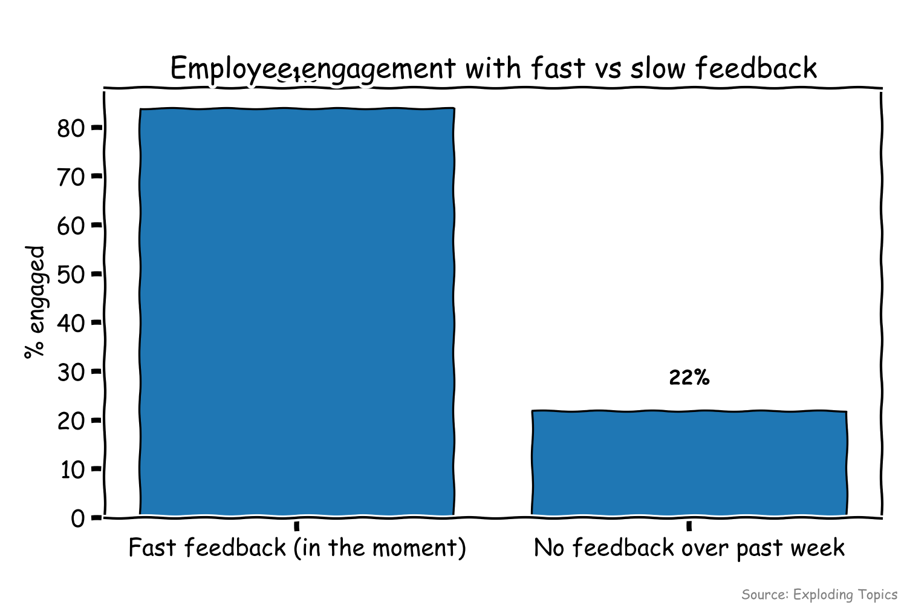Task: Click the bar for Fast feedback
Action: pos(297,312)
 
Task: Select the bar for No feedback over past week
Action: pos(689,463)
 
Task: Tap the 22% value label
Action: pos(689,378)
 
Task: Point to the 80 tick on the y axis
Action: pos(71,128)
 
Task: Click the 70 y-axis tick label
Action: pos(71,177)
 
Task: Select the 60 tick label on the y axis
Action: pos(71,226)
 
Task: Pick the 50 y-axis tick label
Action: pos(71,274)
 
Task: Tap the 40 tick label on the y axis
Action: pos(71,323)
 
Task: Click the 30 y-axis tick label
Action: pos(71,371)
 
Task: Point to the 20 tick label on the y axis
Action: pos(71,420)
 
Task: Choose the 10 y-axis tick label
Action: pos(72,469)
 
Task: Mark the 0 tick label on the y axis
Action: pos(78,518)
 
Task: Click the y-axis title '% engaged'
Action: pos(35,302)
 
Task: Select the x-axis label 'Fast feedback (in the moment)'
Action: pos(297,548)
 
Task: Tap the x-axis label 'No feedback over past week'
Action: pos(689,548)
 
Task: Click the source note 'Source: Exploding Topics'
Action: pos(819,594)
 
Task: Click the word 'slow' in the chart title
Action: pos(658,68)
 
